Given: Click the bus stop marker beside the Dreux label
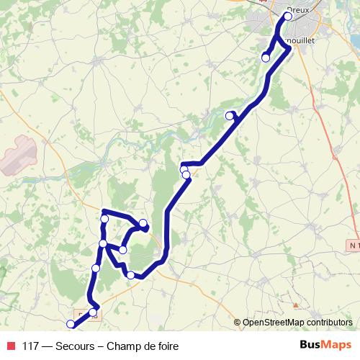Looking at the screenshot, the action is [x=288, y=16].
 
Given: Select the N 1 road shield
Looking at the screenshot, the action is [x=351, y=246].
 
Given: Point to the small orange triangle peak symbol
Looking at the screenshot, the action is [x=294, y=294].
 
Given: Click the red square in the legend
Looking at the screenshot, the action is [x=11, y=346].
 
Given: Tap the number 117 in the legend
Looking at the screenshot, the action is [x=31, y=346].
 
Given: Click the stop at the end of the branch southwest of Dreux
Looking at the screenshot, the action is [x=266, y=58].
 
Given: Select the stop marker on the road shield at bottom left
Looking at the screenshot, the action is [x=94, y=311].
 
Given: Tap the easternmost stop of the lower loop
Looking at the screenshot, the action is [x=143, y=223].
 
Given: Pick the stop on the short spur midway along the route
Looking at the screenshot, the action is [x=230, y=115].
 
